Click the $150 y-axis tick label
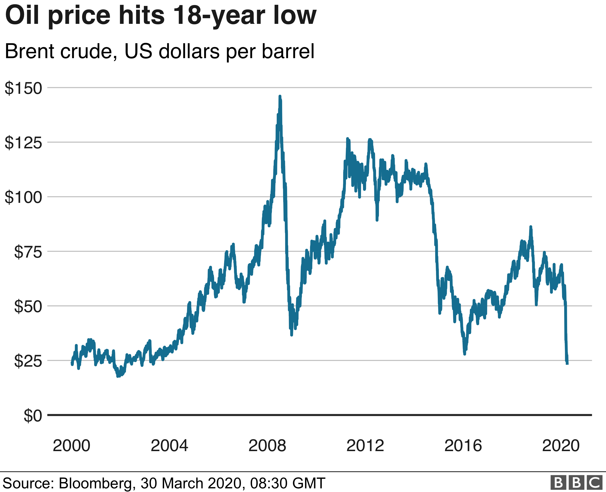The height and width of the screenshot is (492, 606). coord(23,88)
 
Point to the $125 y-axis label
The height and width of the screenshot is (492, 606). coord(23,143)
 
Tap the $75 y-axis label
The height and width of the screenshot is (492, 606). coord(28,252)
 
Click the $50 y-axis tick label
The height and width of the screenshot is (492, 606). coord(28,306)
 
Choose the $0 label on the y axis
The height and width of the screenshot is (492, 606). coord(33,416)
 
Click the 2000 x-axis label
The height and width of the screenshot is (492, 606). coord(71,445)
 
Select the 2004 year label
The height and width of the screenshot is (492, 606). coord(169,445)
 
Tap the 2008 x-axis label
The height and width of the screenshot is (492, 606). coord(267,445)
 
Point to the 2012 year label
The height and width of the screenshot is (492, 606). coord(365,445)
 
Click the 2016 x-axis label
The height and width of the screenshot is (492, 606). coord(463,445)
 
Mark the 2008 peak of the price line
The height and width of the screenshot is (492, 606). coord(280,97)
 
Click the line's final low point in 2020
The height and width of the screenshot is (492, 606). coord(567,364)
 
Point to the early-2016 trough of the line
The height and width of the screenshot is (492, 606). coord(464,354)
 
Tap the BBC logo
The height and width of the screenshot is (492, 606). coord(576,482)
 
